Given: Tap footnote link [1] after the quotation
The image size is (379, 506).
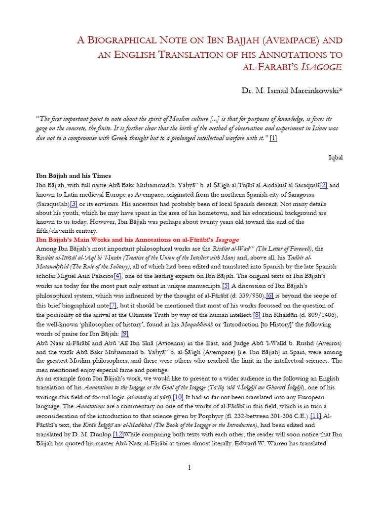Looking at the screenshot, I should [273, 138].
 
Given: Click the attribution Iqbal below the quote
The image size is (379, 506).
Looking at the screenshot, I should [336, 158].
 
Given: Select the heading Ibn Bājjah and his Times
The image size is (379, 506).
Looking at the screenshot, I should [74, 176].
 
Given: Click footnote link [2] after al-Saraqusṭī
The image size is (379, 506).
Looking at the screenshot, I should [324, 185].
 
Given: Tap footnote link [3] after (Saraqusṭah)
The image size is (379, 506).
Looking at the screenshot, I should [74, 204].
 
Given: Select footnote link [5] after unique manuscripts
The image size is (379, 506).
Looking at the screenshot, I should [226, 286].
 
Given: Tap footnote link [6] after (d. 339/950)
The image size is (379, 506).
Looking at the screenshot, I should [270, 295].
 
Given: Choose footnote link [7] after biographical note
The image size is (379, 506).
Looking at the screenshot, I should [114, 305].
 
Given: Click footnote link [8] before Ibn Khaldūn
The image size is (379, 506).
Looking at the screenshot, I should [257, 315].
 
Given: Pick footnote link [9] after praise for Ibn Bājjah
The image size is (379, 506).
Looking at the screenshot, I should [125, 334].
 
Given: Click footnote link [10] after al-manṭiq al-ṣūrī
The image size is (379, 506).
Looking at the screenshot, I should [178, 397].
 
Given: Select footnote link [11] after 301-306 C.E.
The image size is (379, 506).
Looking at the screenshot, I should [316, 416].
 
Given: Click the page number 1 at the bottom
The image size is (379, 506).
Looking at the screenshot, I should [189, 468].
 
